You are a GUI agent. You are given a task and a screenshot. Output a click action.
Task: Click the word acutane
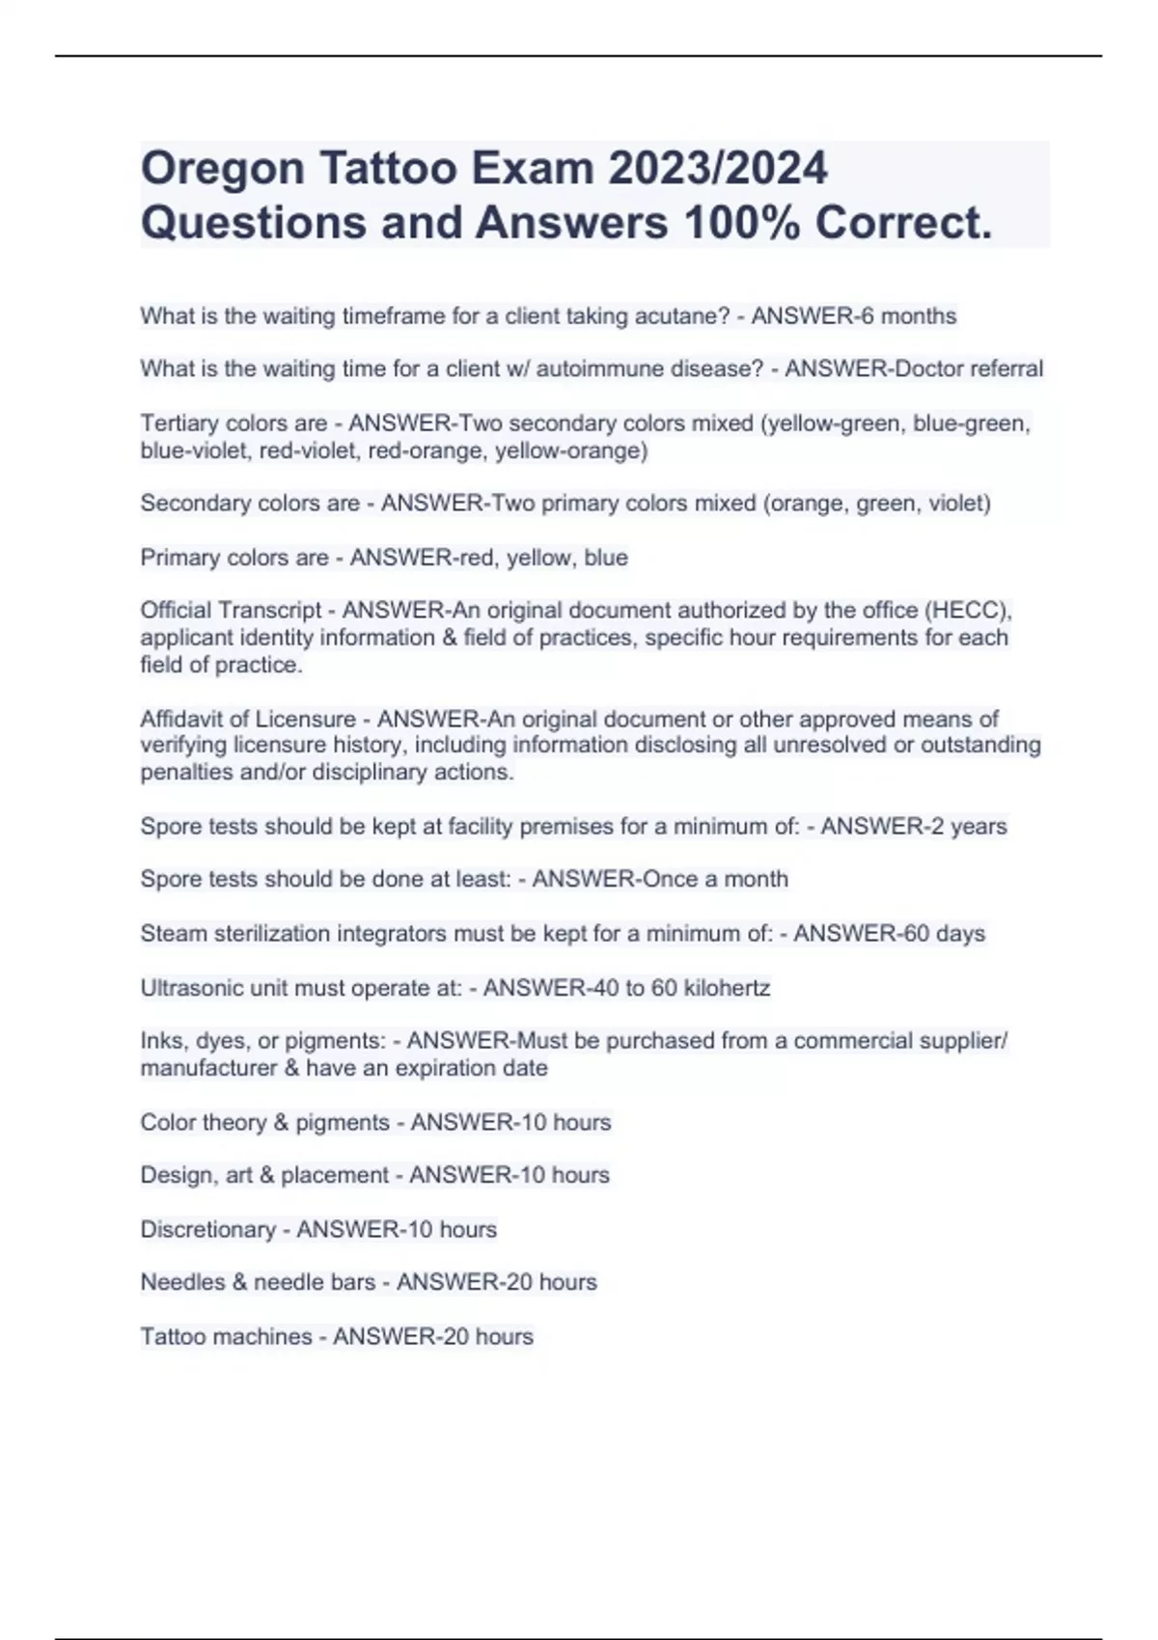684,316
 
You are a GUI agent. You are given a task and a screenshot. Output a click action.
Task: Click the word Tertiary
179,424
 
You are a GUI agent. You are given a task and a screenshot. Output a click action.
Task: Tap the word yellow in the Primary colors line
538,558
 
